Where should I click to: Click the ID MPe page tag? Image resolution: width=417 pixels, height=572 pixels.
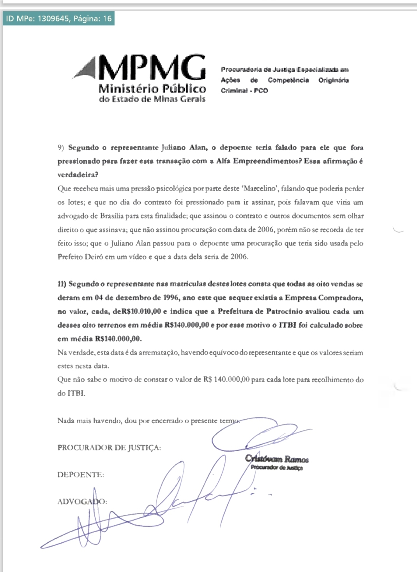tap(58, 18)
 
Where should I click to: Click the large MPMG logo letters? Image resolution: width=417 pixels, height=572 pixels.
tap(152, 68)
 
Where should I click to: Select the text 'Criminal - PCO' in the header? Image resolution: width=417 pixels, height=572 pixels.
tap(244, 90)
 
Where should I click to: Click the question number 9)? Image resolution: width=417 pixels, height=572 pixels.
tap(61, 148)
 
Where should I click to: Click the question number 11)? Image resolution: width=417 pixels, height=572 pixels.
tap(62, 284)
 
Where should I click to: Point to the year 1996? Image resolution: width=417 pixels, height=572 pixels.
tap(171, 298)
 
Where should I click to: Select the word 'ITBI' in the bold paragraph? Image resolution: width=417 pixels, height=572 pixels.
tap(288, 325)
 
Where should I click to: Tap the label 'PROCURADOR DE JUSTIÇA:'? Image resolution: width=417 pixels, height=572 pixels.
tap(109, 448)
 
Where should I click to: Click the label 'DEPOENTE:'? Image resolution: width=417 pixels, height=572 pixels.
tap(81, 475)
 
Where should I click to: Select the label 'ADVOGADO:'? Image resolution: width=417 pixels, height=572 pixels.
tap(82, 501)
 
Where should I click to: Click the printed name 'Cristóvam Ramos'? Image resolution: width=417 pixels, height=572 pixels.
tap(277, 459)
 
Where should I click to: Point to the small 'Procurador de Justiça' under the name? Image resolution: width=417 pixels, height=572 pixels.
tap(277, 468)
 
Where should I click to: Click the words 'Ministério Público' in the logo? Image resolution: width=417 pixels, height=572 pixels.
tap(152, 89)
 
